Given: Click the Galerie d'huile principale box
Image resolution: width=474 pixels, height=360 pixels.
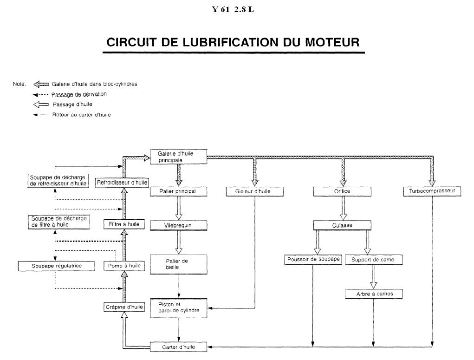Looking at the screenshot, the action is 178,157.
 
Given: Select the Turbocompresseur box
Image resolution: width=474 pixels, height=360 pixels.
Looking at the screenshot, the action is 432,191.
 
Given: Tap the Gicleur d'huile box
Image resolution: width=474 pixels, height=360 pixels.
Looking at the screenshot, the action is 254,191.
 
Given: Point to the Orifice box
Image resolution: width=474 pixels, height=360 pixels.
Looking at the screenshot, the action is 342,191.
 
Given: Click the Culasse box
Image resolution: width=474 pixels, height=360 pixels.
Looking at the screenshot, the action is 342,225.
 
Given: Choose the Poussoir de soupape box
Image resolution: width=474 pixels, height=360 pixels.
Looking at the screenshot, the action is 313,260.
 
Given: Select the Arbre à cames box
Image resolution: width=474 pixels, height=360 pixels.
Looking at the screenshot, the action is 374,294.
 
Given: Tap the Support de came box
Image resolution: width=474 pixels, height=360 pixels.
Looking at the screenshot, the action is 374,260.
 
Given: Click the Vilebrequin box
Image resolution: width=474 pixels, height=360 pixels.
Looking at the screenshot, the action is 178,225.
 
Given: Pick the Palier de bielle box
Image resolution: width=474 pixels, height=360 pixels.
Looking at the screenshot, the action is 178,264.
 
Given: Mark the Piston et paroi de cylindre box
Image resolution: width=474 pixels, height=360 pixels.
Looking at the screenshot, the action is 178,308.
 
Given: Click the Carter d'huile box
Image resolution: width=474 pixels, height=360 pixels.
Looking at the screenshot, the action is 178,347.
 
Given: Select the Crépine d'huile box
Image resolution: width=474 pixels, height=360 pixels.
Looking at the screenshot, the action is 124,307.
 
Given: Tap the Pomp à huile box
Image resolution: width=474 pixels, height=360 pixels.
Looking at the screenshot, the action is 124,266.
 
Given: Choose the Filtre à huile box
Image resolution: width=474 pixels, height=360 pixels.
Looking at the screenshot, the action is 124,224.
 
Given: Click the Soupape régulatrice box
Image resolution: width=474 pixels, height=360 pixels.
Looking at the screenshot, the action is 56,266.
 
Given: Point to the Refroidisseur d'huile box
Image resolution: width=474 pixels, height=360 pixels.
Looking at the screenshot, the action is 122,183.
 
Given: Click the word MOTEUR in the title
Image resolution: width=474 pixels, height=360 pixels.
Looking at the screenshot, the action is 332,42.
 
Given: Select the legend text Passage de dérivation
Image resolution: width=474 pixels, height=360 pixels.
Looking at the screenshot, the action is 79,94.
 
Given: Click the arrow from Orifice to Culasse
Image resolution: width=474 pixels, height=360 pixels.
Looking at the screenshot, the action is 343,209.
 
